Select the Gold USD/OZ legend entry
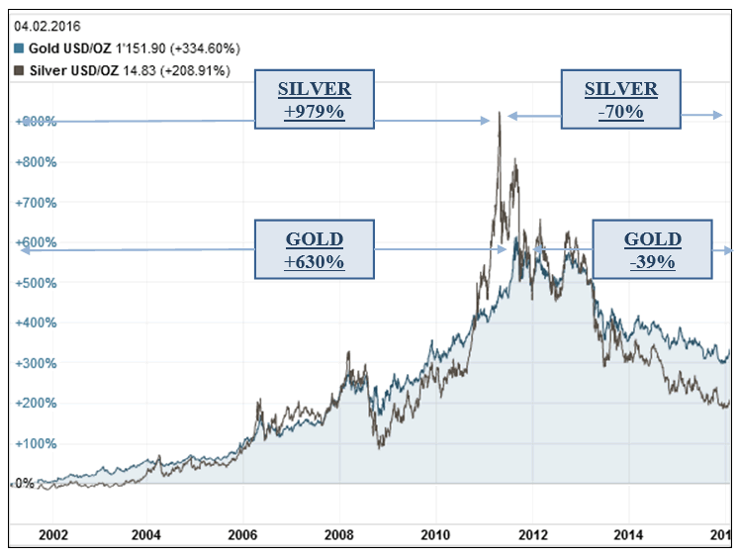pyautogui.click(x=127, y=48)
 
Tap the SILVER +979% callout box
pyautogui.click(x=314, y=99)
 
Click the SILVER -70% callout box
pyautogui.click(x=620, y=99)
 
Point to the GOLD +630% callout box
pyautogui.click(x=314, y=248)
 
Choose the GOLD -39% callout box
pyautogui.click(x=651, y=249)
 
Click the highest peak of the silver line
pyautogui.click(x=500, y=113)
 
